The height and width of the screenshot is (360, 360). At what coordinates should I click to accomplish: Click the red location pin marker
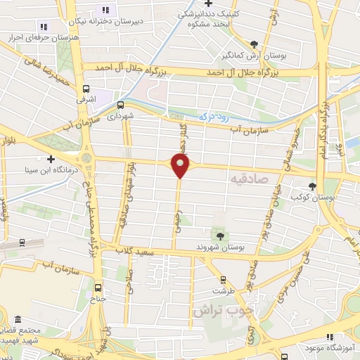point(181,166)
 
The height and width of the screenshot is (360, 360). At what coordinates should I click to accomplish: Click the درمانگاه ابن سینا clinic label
point(50,170)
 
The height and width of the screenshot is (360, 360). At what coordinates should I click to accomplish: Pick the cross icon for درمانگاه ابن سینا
point(51,159)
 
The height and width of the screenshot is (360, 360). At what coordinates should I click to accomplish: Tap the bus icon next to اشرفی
point(86,89)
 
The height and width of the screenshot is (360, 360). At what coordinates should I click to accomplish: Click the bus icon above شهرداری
point(121,103)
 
